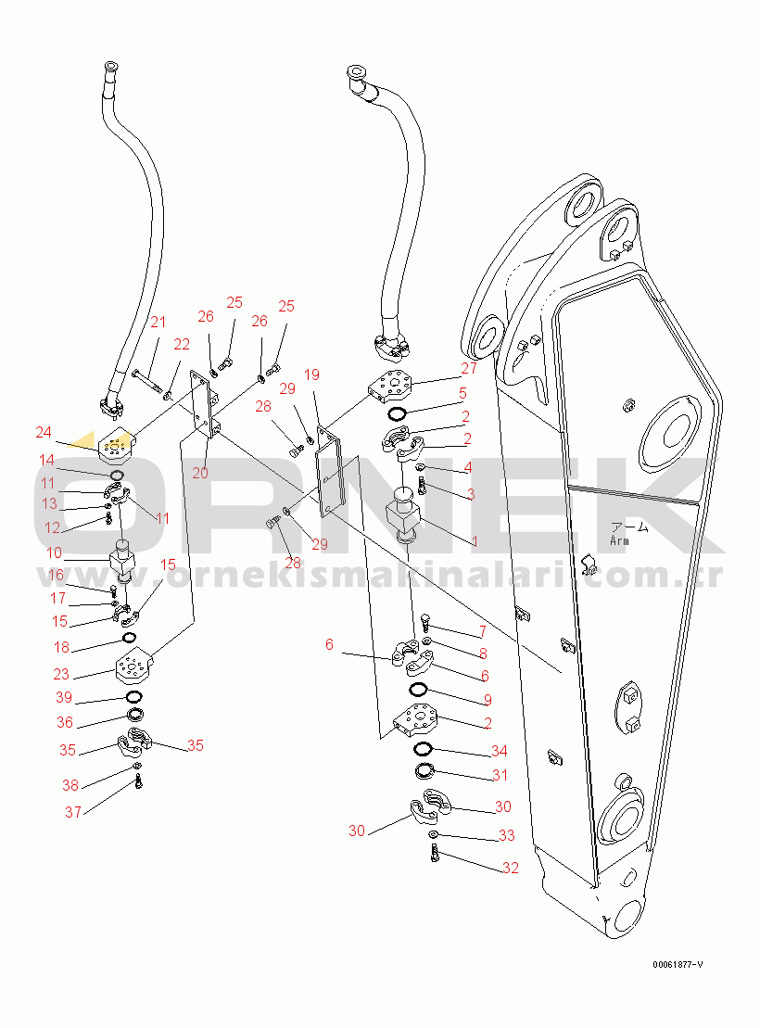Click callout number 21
tap(158, 323)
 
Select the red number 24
tap(44, 432)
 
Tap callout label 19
tap(311, 375)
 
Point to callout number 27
tap(468, 367)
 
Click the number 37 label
tap(73, 812)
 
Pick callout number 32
tap(510, 868)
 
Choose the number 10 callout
tap(54, 553)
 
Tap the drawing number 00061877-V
tap(677, 965)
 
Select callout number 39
tap(64, 697)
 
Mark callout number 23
tap(61, 675)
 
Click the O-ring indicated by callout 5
tap(396, 412)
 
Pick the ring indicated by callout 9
tap(418, 690)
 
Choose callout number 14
tap(46, 460)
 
